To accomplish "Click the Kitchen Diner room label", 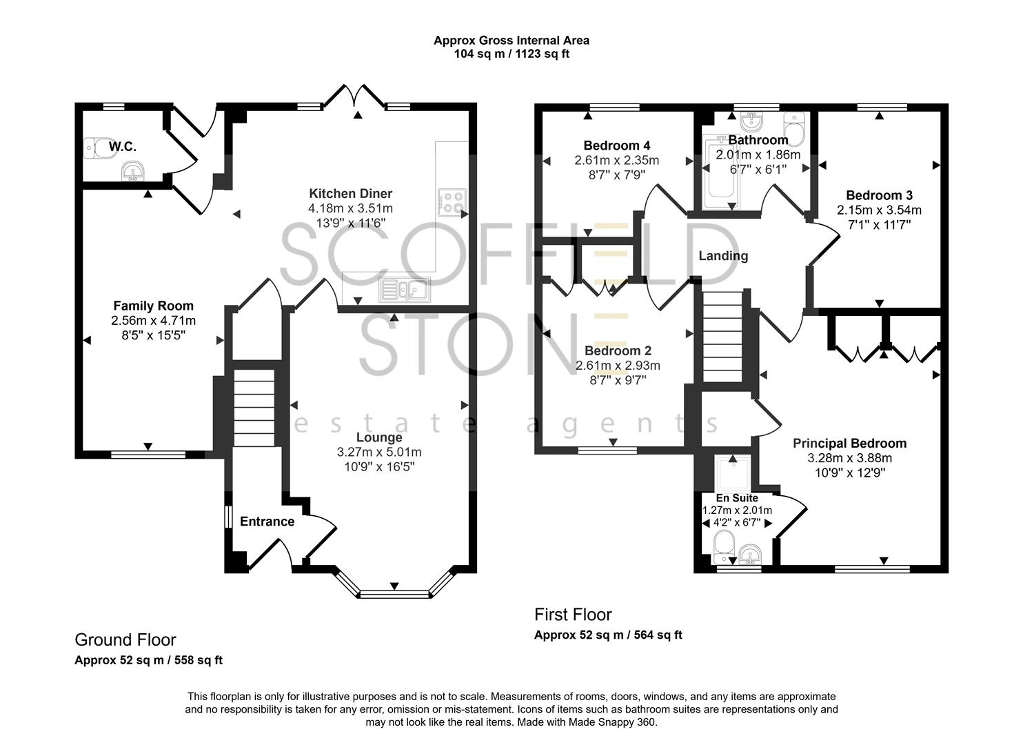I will pyautogui.click(x=350, y=194).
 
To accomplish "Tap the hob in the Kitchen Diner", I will pyautogui.click(x=452, y=201).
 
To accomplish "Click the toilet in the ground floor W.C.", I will pyautogui.click(x=99, y=148).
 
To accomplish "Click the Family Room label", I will pyautogui.click(x=153, y=306).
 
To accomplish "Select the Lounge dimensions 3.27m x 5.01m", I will pyautogui.click(x=378, y=453).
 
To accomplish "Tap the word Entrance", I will pyautogui.click(x=267, y=521).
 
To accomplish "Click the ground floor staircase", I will pyautogui.click(x=254, y=408).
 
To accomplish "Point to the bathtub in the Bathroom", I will pyautogui.click(x=720, y=176).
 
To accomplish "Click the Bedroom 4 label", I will pyautogui.click(x=616, y=146).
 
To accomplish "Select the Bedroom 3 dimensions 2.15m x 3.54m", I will pyautogui.click(x=879, y=210).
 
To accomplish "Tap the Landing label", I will pyautogui.click(x=723, y=256).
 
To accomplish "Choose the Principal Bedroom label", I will pyautogui.click(x=849, y=444).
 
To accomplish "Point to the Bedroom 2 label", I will pyautogui.click(x=617, y=351).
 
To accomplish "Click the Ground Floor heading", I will pyautogui.click(x=125, y=640).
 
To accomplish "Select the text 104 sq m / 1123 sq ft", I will pyautogui.click(x=511, y=54).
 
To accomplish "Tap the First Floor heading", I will pyautogui.click(x=573, y=615).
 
